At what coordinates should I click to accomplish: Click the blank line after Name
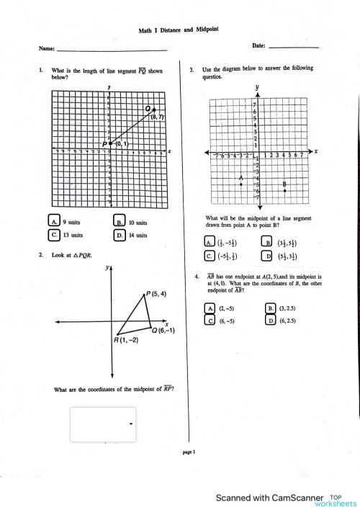click(112, 49)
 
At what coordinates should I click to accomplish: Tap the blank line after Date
click(292, 46)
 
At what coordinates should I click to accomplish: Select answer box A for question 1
click(54, 222)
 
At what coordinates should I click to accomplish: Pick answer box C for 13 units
click(54, 235)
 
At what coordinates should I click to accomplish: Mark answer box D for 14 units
click(120, 235)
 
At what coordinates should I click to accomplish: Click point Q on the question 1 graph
click(151, 110)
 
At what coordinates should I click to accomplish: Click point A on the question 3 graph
click(241, 184)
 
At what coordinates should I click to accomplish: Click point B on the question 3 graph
click(284, 191)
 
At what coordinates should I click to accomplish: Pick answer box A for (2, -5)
click(210, 308)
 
